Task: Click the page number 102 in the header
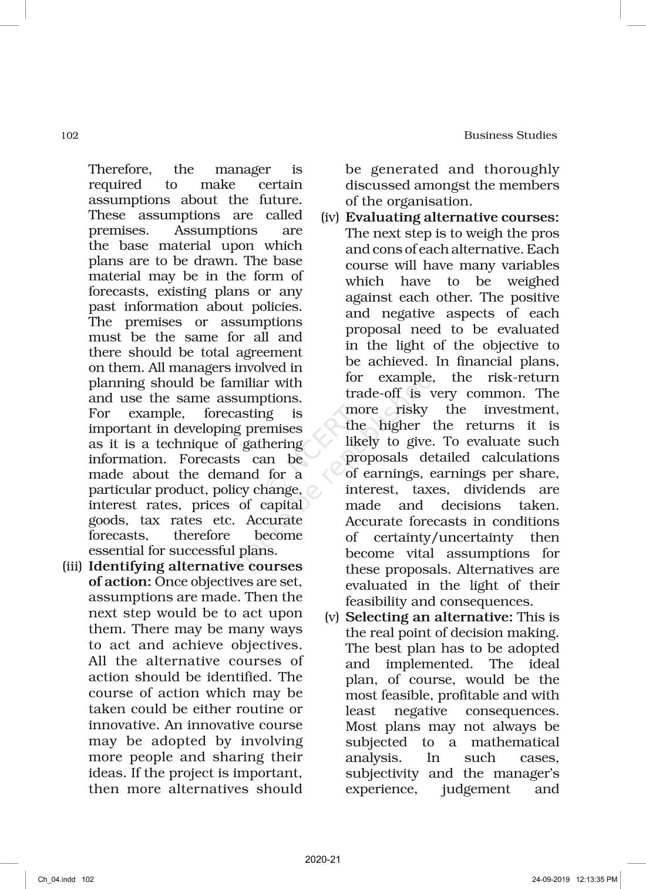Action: [69, 136]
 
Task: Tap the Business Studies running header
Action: [510, 135]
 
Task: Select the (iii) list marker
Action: [73, 567]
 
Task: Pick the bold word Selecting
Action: [374, 617]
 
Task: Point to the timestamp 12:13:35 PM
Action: [597, 880]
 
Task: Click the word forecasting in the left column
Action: [238, 414]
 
